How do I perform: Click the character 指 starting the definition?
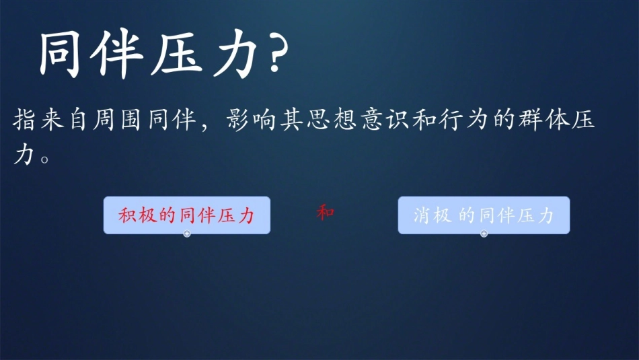[x=26, y=121]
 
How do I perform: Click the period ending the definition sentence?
[x=45, y=159]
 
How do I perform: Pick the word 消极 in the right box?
[x=431, y=215]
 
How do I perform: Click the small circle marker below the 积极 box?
[x=187, y=233]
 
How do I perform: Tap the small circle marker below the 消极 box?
[x=484, y=233]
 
